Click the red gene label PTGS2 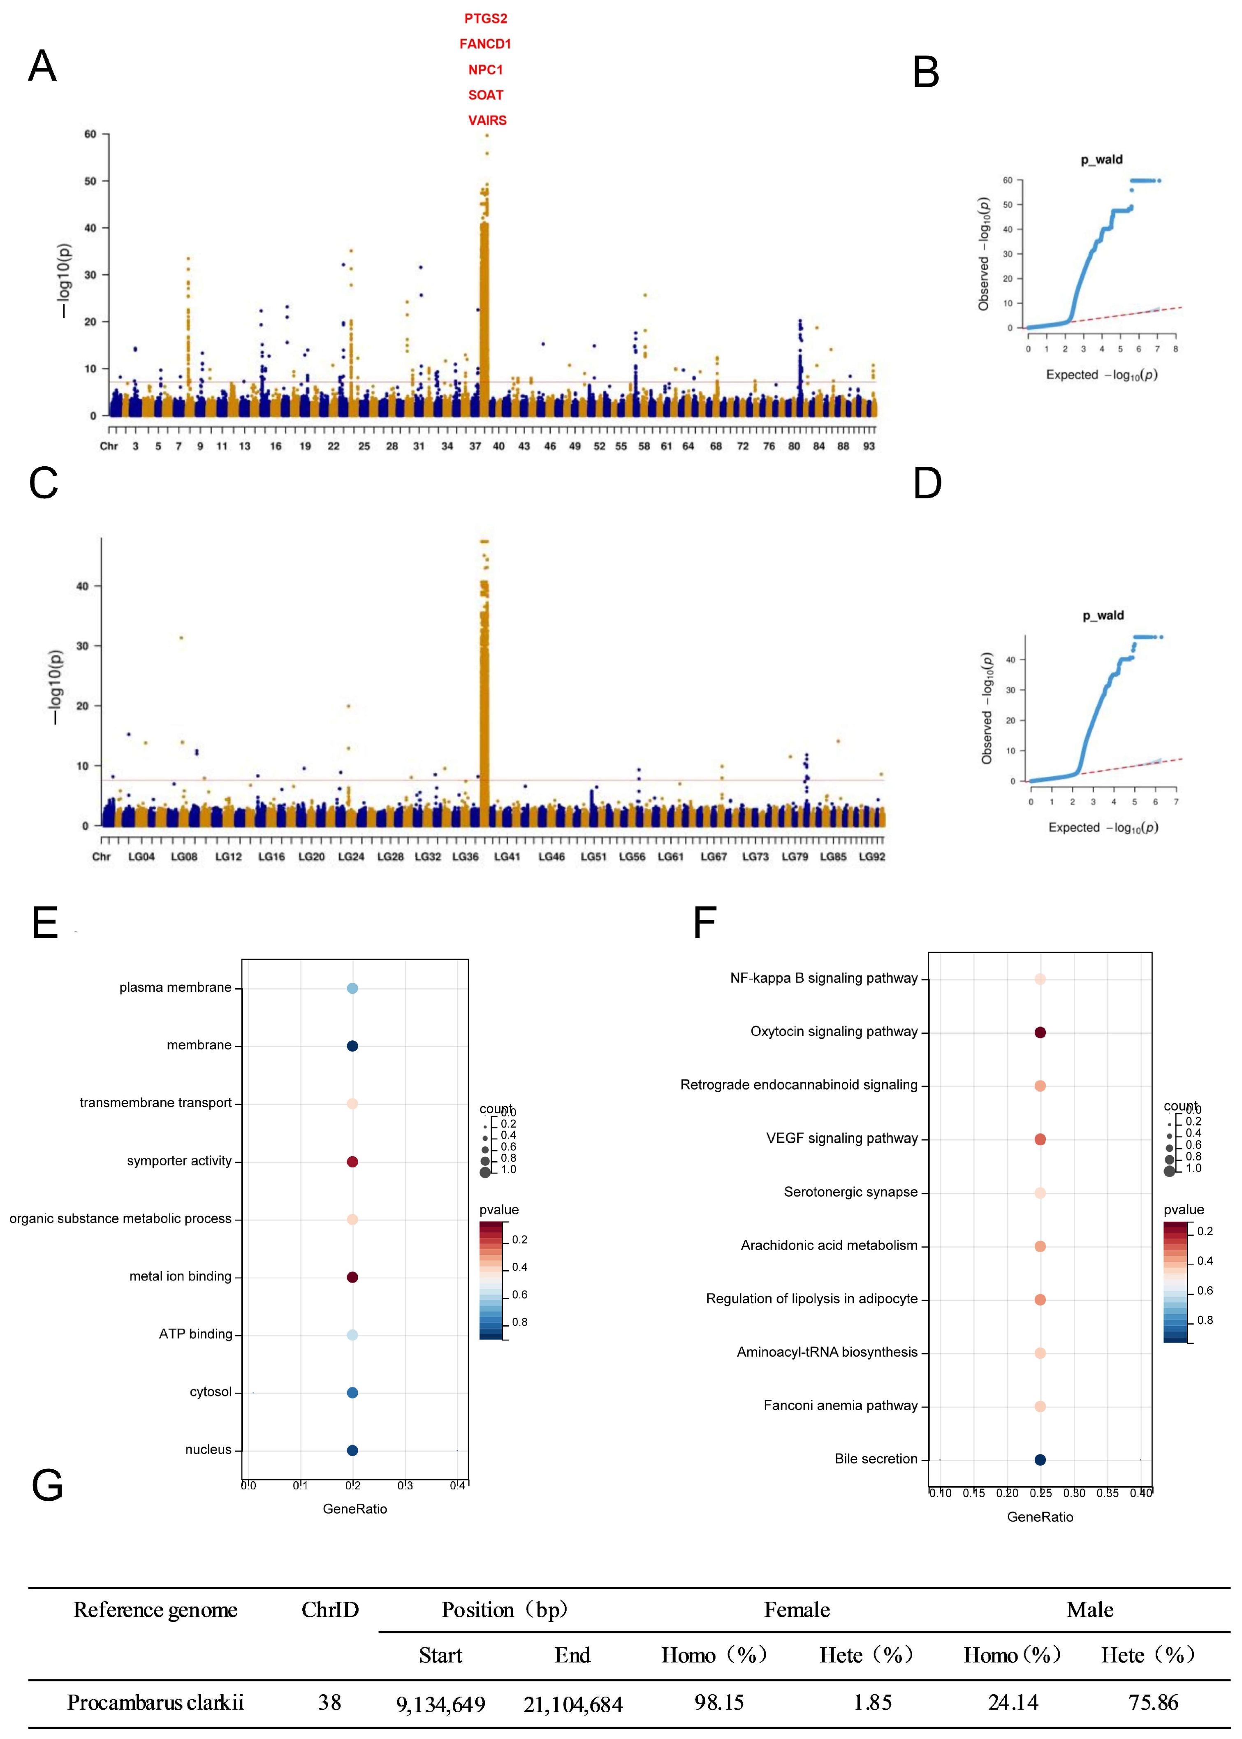486,19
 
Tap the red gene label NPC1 486,69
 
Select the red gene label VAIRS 487,120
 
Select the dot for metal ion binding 352,1277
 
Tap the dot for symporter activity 352,1162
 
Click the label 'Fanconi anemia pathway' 841,1406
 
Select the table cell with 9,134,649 440,1704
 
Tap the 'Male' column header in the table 1090,1610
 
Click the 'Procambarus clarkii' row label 155,1702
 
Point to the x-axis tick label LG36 465,857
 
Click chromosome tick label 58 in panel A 644,446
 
